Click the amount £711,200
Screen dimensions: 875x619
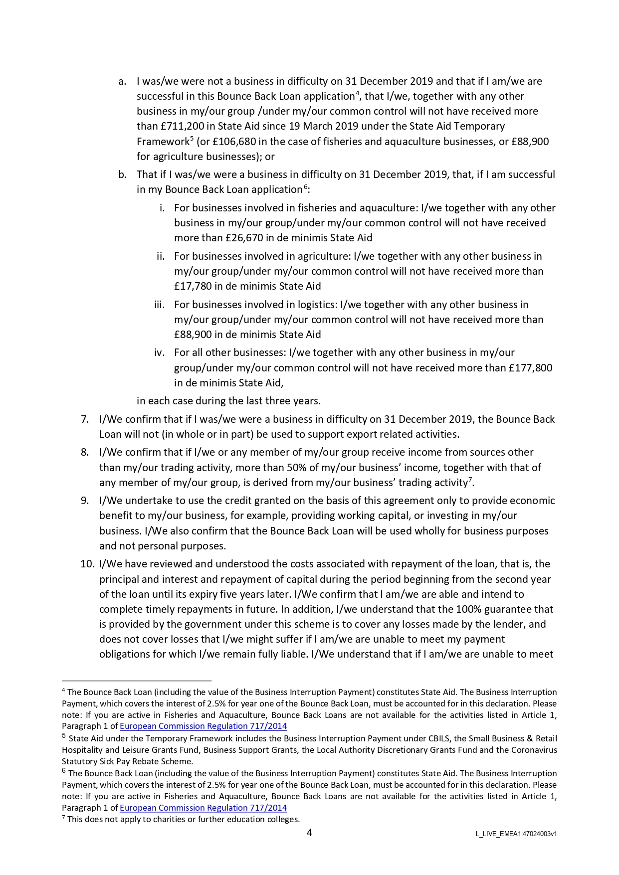click(180, 126)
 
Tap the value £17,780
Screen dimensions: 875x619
click(193, 286)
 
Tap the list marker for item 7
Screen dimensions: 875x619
click(85, 419)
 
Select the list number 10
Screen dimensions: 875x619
click(87, 564)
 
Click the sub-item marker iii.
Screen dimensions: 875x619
click(159, 305)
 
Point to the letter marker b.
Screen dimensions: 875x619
click(122, 175)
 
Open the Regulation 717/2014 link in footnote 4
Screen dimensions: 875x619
click(203, 726)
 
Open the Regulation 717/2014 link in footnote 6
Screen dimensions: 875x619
click(203, 808)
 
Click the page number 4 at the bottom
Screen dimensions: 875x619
click(309, 833)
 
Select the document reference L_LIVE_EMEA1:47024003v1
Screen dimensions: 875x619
click(516, 834)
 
